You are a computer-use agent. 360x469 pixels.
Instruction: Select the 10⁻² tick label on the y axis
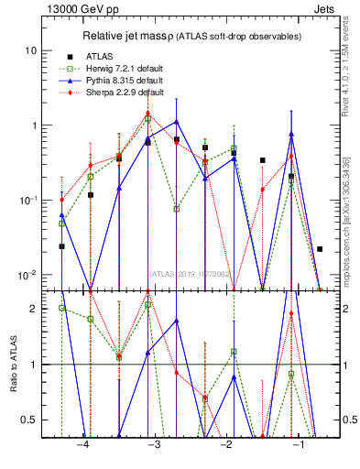click(28, 275)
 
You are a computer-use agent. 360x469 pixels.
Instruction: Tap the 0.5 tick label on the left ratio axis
click(29, 420)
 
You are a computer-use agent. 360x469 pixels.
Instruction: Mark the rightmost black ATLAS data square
click(320, 249)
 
